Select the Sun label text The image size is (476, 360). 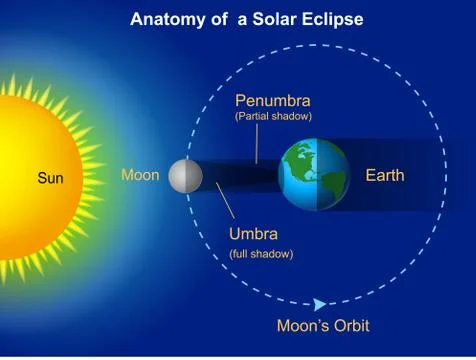pos(50,178)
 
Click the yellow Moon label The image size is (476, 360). pos(140,175)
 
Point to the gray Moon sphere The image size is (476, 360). pos(185,176)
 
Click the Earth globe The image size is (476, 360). pos(314,175)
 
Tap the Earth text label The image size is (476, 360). pos(385,176)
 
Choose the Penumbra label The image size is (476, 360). pos(273,101)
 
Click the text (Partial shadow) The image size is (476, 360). pos(273,117)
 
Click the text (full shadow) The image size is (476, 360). pos(261,254)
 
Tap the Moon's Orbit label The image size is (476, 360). pos(323,325)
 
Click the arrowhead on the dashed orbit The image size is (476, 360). pos(319,304)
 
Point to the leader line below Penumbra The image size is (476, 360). pos(257,144)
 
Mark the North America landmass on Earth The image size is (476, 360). pos(300,165)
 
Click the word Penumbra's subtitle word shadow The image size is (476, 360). pos(292,117)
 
